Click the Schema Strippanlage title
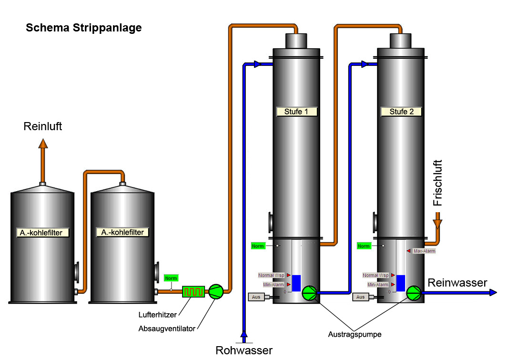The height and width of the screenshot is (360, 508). [x=84, y=28]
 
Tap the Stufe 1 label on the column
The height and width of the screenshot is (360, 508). [x=296, y=112]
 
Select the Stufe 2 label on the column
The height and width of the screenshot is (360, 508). [x=402, y=112]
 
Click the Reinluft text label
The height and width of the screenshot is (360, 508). [x=43, y=126]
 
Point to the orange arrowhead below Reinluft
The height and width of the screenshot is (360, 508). [x=43, y=143]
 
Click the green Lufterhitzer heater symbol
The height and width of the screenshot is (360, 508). [x=193, y=291]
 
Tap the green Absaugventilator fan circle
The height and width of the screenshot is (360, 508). [x=216, y=291]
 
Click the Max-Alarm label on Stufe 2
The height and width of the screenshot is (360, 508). [x=424, y=251]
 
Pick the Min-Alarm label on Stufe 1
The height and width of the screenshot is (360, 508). [x=273, y=285]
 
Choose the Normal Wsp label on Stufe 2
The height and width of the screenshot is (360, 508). [x=376, y=275]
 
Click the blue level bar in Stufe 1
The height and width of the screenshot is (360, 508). [x=296, y=283]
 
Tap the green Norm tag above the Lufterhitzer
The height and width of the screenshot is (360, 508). [x=171, y=278]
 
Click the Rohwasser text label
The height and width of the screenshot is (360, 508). [x=244, y=350]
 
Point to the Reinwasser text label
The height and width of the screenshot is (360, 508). [x=457, y=283]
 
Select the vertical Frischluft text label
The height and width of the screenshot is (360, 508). [x=437, y=183]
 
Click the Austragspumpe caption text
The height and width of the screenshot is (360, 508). [x=355, y=334]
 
